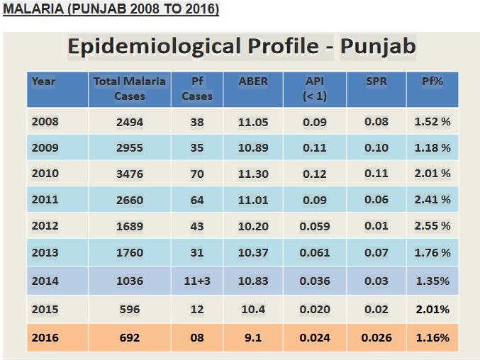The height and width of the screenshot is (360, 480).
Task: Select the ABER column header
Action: tap(253, 81)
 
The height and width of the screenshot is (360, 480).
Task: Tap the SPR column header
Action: tap(376, 81)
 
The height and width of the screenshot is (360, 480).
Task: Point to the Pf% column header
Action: tap(432, 81)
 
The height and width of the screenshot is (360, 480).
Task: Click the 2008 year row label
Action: tap(45, 122)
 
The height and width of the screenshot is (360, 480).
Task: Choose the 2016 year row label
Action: tap(45, 338)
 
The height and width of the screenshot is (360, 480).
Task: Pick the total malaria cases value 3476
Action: tap(130, 174)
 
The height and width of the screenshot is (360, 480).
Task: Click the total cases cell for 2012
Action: tap(130, 227)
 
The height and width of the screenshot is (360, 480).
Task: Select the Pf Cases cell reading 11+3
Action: tap(197, 281)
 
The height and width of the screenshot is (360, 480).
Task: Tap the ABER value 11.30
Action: tap(253, 174)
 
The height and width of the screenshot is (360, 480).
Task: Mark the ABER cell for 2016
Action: tap(253, 338)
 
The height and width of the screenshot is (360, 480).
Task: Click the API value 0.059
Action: tap(314, 227)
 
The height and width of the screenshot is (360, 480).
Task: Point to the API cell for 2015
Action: tap(314, 310)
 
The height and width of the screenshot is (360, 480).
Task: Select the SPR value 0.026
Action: tap(376, 338)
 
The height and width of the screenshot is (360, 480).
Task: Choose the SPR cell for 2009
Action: tap(376, 148)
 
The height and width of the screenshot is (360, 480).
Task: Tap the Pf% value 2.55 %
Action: tap(432, 227)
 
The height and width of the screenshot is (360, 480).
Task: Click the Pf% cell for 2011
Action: tap(432, 201)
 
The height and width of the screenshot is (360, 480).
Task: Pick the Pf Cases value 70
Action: tap(197, 174)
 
